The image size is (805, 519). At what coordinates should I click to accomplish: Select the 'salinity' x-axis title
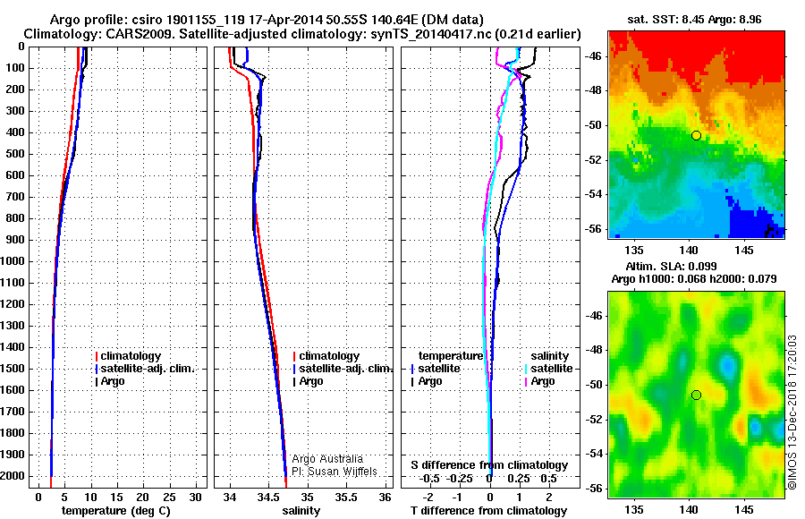click(x=301, y=511)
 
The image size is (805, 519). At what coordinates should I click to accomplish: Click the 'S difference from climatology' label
click(x=488, y=465)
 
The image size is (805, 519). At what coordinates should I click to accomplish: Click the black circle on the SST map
click(x=696, y=135)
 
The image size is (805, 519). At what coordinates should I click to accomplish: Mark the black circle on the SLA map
click(x=696, y=395)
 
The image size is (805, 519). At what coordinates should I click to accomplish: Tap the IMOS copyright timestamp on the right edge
click(x=792, y=411)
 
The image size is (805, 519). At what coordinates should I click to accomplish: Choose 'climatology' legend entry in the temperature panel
click(x=131, y=356)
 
